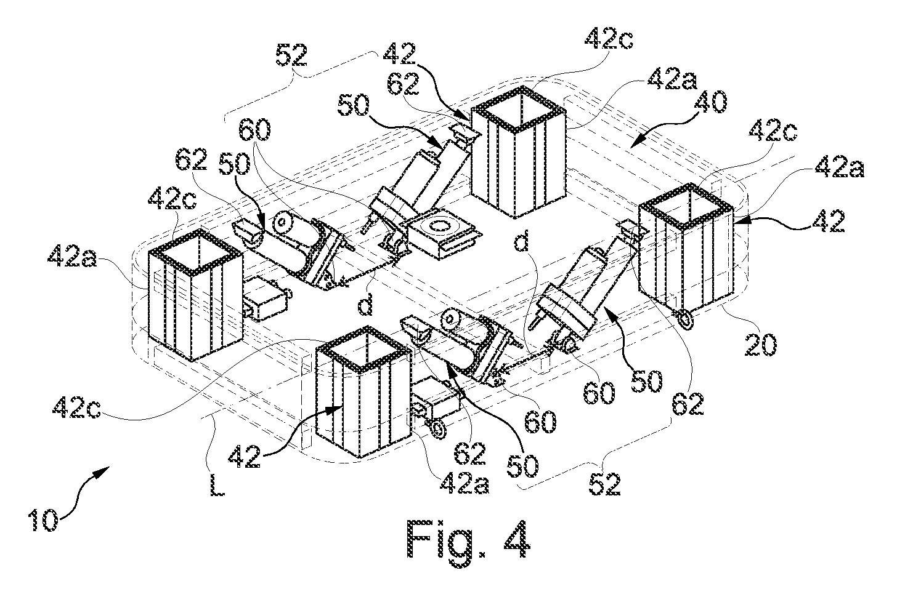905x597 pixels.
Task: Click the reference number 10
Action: pos(43,520)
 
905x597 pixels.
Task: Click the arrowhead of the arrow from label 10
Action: pos(103,471)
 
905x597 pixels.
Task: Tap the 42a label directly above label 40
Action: pos(672,79)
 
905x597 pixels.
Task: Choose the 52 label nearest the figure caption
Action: pos(604,484)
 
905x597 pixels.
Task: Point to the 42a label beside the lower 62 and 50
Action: pos(465,483)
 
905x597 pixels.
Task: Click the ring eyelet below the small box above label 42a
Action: pos(438,430)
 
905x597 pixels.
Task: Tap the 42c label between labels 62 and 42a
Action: pos(172,200)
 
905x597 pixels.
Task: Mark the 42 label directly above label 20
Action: pos(828,220)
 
